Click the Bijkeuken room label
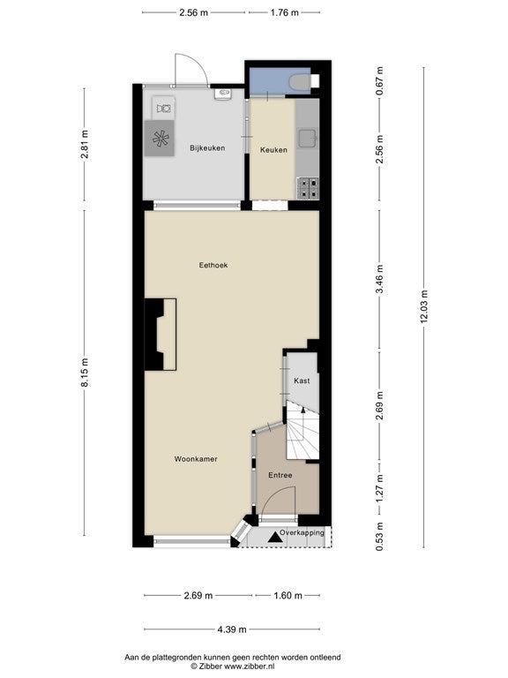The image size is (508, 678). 207,148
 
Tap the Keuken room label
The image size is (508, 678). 273,150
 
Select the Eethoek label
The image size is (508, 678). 213,265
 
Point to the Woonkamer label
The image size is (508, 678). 196,459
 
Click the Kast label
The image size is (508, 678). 302,380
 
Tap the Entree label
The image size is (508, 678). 280,475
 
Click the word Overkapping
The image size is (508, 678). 302,532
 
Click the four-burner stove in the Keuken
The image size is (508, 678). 308,189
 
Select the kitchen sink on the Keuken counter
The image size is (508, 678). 308,138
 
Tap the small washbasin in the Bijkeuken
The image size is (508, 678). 223,94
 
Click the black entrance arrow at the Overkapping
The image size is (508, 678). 274,538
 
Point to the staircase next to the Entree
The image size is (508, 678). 303,430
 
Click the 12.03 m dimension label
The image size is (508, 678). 423,306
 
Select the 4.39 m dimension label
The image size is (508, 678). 232,629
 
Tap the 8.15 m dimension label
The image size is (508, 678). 85,373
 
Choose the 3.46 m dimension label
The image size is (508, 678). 380,279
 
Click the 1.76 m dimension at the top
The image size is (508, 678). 285,12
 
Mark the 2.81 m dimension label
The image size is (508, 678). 85,145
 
